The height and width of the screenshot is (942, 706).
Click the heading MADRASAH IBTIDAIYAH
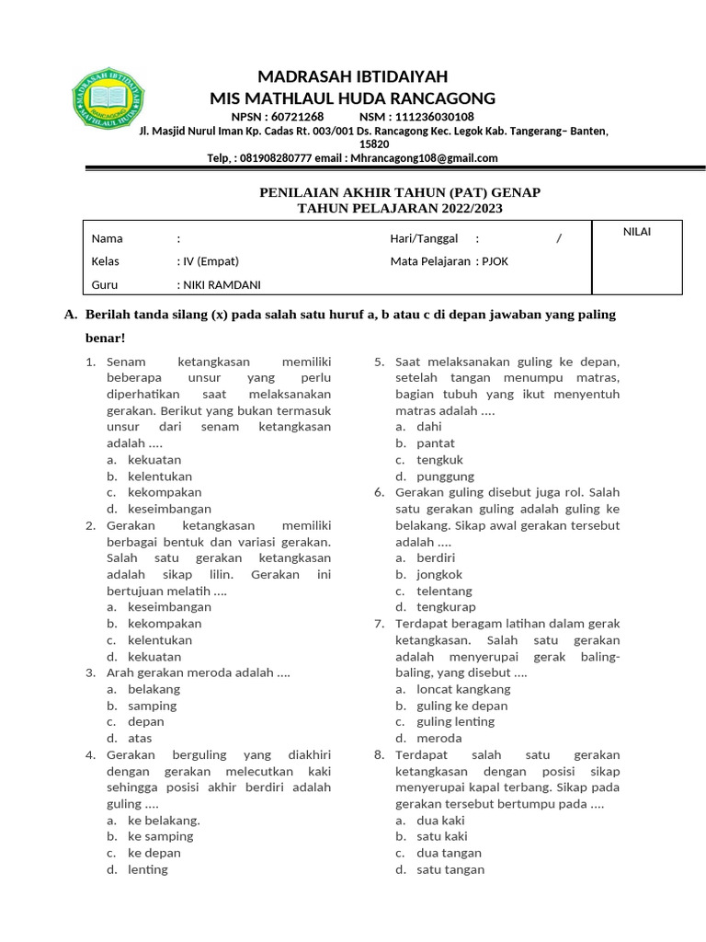click(x=352, y=76)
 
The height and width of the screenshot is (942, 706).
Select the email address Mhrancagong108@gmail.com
click(x=424, y=157)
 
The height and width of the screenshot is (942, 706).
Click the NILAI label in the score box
click(x=636, y=232)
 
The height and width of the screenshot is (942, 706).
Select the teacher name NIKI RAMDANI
click(x=215, y=284)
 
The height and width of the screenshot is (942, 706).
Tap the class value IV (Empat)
click(x=210, y=261)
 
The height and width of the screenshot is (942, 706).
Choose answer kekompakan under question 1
click(x=165, y=492)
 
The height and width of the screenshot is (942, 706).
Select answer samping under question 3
click(x=153, y=706)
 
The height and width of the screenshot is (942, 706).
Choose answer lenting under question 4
click(x=148, y=869)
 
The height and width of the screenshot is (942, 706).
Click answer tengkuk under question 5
click(x=439, y=459)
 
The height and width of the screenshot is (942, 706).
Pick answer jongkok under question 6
click(x=440, y=574)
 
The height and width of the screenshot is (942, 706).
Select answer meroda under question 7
click(x=439, y=738)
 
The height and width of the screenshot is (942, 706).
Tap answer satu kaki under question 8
click(x=442, y=836)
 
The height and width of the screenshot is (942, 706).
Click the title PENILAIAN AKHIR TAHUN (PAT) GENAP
click(x=397, y=192)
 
